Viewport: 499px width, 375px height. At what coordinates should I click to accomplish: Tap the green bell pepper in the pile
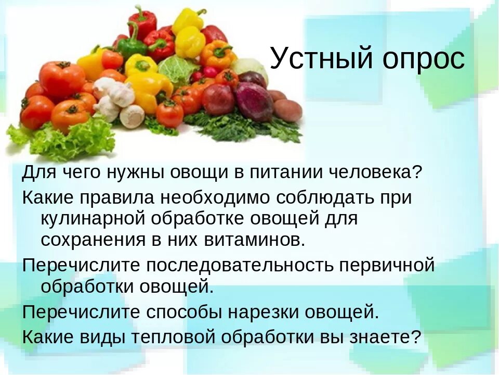click(131, 46)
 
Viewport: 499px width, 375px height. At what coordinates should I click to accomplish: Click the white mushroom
click(132, 116)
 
